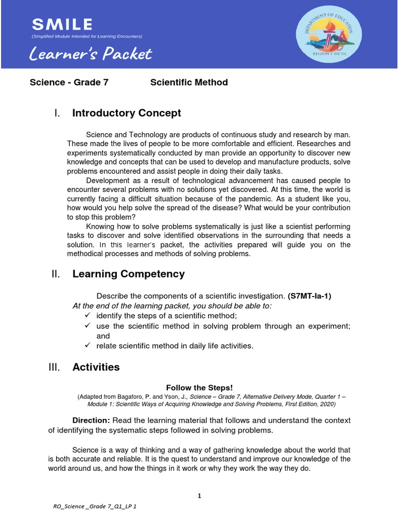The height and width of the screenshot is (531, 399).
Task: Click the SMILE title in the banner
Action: pyautogui.click(x=62, y=24)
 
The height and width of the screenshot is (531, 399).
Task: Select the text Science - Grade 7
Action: pyautogui.click(x=69, y=82)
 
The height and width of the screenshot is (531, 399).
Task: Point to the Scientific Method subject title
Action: pyautogui.click(x=189, y=82)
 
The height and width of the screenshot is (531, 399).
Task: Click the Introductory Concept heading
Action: pyautogui.click(x=126, y=113)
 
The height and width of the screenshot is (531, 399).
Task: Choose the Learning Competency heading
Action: pyautogui.click(x=128, y=274)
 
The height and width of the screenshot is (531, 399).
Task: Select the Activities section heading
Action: pyautogui.click(x=96, y=367)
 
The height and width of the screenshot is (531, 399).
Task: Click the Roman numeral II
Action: pyautogui.click(x=56, y=274)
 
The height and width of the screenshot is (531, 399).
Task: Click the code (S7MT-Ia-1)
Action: pyautogui.click(x=309, y=296)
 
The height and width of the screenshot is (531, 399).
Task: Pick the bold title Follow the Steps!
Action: pyautogui.click(x=199, y=388)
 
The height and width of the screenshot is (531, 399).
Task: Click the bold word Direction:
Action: pyautogui.click(x=91, y=420)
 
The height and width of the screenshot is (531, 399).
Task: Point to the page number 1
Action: pyautogui.click(x=199, y=496)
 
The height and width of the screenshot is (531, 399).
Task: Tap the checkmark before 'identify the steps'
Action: pyautogui.click(x=87, y=316)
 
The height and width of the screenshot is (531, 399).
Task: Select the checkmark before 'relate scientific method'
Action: pyautogui.click(x=87, y=345)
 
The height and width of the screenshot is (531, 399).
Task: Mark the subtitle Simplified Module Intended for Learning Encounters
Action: pyautogui.click(x=87, y=36)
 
